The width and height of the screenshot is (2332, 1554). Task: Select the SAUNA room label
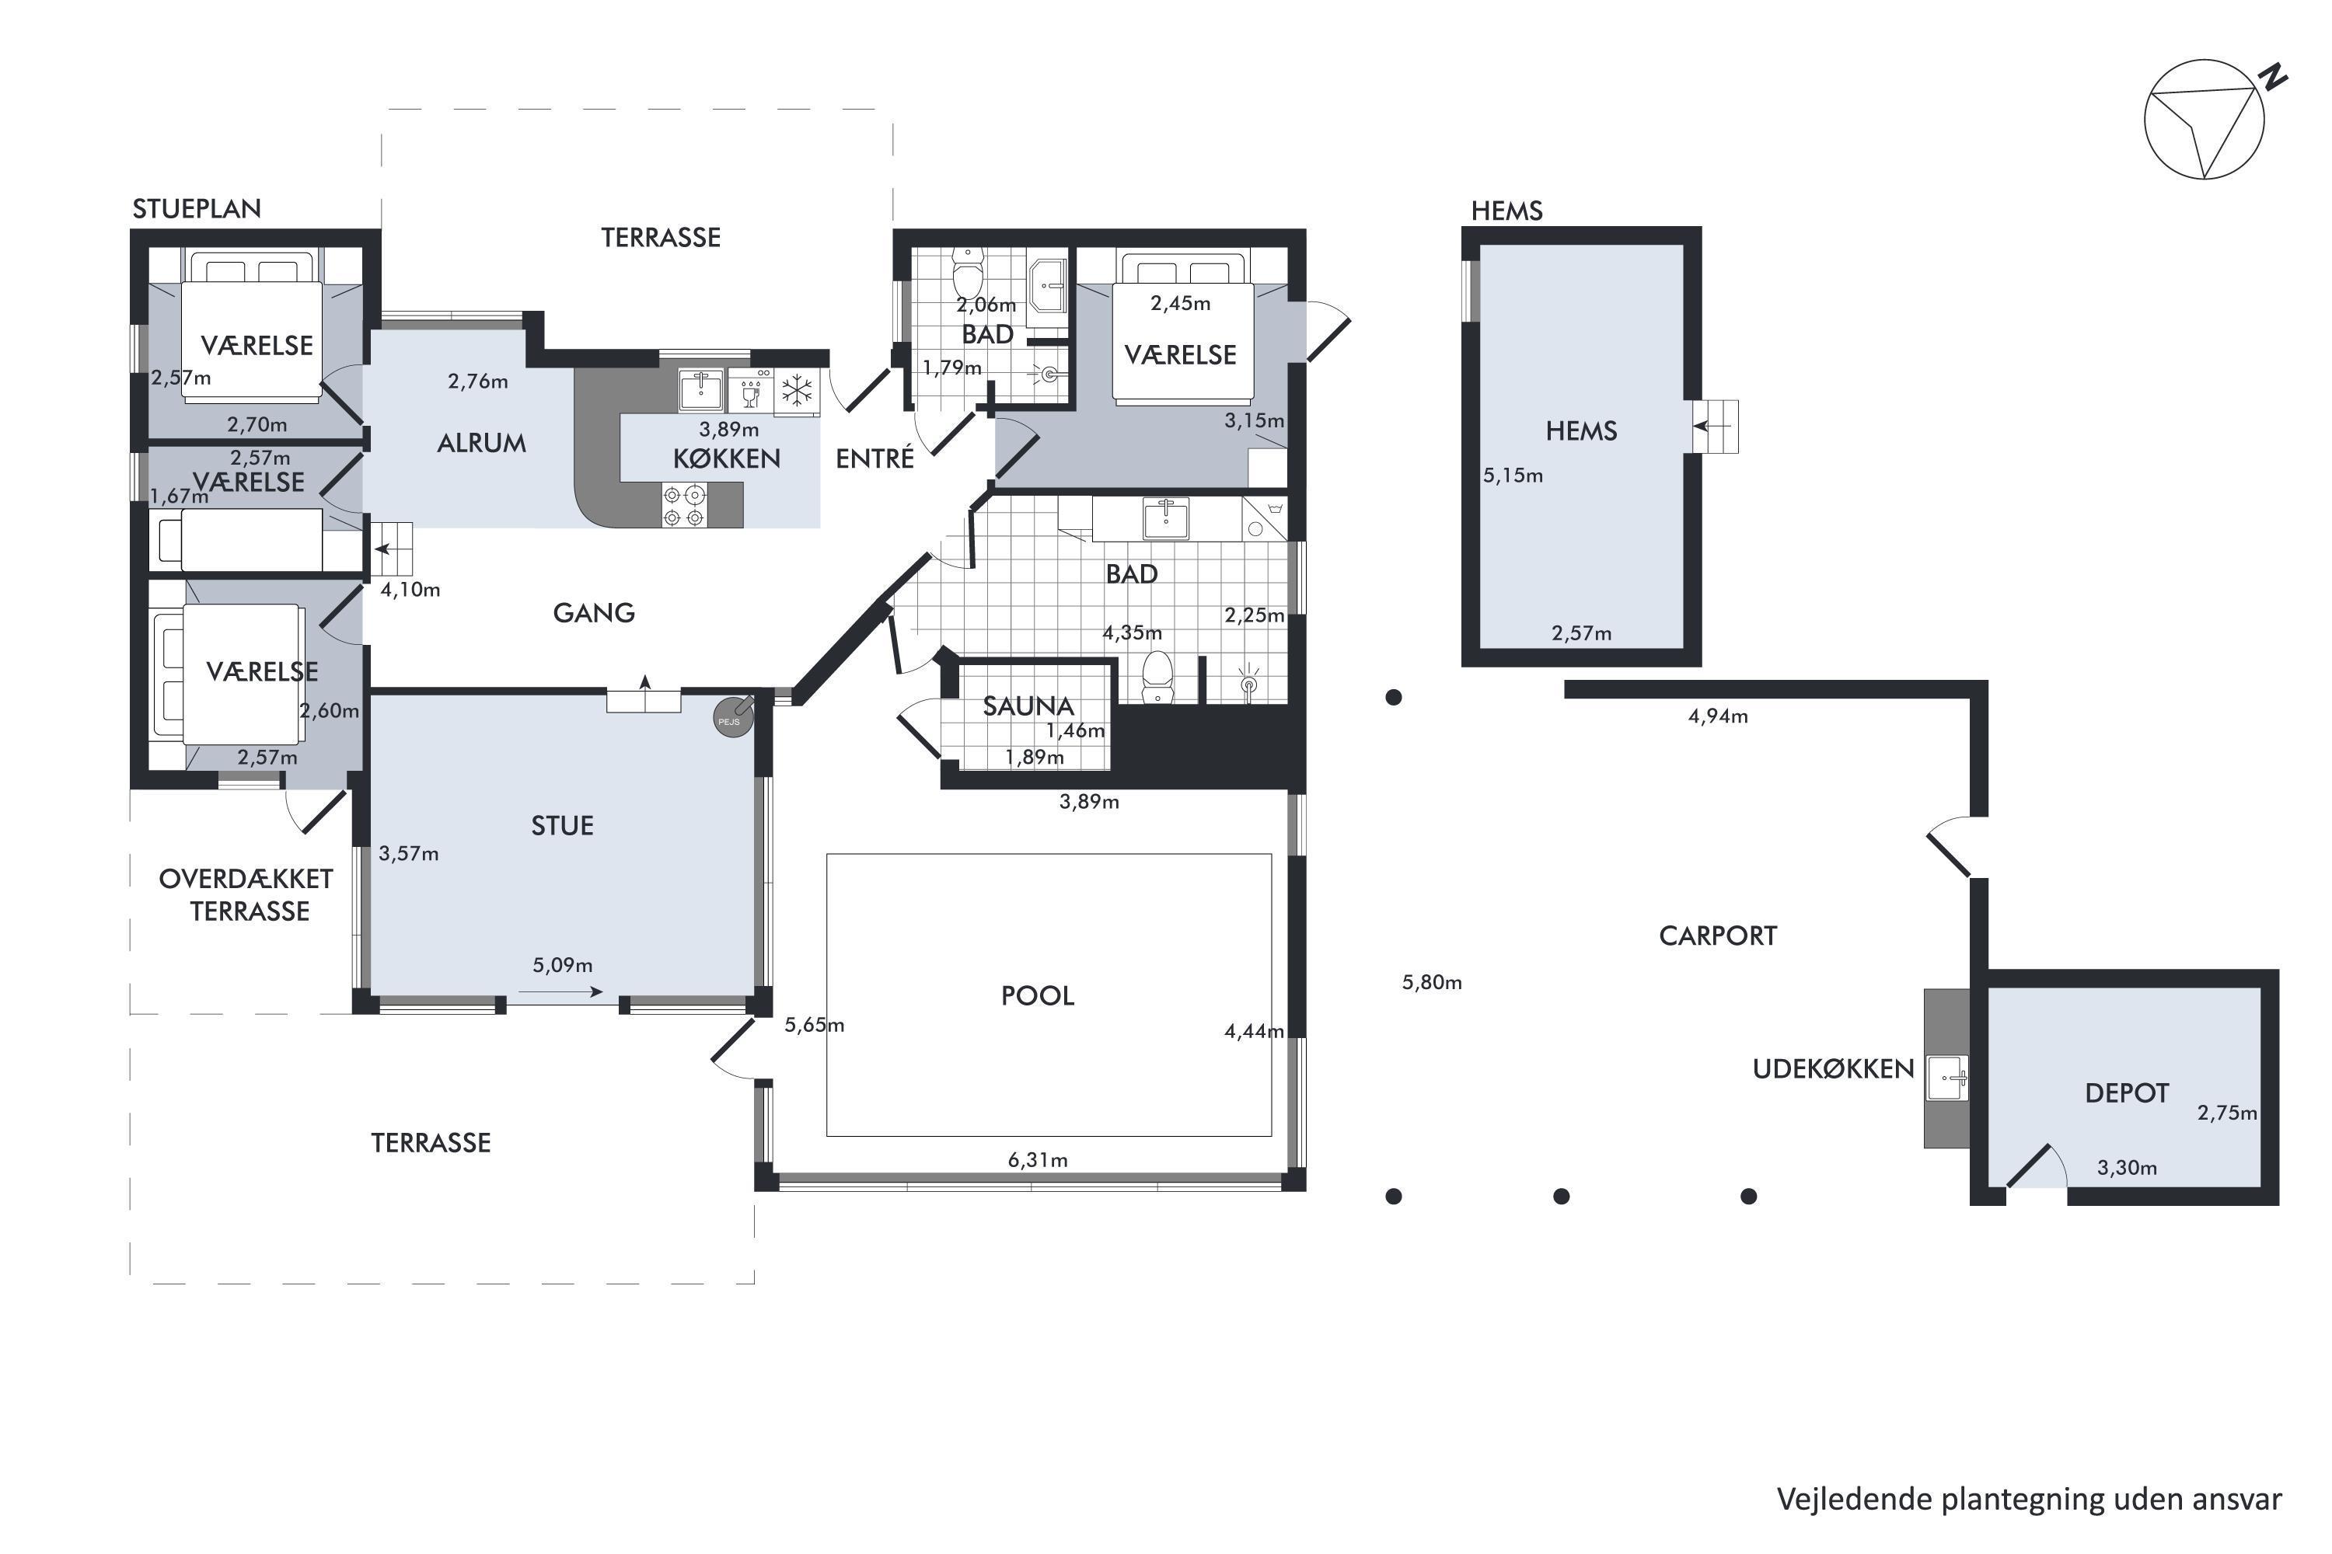[x=1028, y=706]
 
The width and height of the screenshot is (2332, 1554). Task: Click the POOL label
[x=1037, y=995]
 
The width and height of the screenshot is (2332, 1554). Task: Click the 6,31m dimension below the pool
[x=1038, y=1159]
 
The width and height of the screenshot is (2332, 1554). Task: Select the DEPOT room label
[x=2127, y=1093]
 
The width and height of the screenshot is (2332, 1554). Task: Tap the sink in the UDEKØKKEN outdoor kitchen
[x=1946, y=1077]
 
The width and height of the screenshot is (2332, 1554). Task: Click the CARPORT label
[x=1717, y=936]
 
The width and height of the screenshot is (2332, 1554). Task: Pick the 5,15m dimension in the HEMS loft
[x=1513, y=476]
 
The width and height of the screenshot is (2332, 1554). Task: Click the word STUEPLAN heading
[x=197, y=209]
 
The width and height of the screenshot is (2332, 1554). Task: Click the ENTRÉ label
[x=874, y=458]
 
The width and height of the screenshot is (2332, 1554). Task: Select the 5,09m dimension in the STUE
[x=562, y=965]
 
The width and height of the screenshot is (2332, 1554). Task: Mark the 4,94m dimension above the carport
[x=1718, y=716]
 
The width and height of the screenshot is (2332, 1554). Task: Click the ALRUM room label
[x=482, y=443]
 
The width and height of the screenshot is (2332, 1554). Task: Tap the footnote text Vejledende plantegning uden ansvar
[x=2029, y=1500]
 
